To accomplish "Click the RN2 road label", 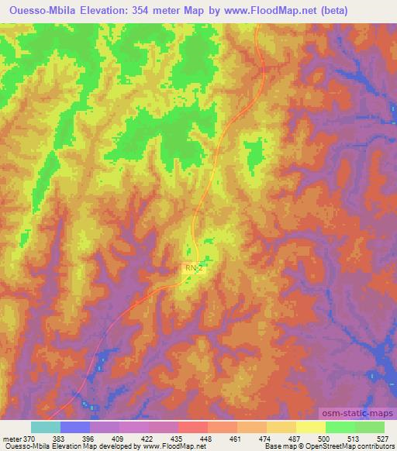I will [193, 267].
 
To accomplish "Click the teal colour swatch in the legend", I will [46, 427].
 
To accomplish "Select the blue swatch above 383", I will [75, 427].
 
